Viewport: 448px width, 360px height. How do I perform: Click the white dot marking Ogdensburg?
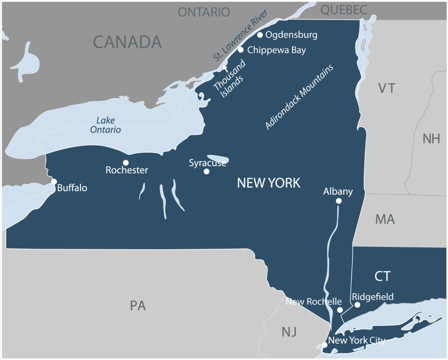(260, 35)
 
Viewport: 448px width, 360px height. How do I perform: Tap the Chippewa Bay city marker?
(241, 50)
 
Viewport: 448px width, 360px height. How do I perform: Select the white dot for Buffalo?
(54, 182)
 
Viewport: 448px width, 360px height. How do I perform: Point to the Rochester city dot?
(126, 163)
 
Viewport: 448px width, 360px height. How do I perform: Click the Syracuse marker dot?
(206, 172)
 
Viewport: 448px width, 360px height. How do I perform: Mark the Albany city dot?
(339, 201)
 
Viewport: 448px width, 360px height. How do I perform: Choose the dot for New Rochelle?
(340, 310)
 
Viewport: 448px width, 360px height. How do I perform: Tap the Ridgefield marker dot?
(357, 305)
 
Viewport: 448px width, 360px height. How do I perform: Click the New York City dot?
(324, 345)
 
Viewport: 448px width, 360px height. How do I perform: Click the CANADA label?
(127, 42)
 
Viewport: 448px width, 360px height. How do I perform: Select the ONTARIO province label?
(203, 12)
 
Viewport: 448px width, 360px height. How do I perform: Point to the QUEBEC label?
(344, 10)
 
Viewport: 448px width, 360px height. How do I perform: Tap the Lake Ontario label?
(108, 125)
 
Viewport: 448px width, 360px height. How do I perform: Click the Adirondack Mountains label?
(299, 97)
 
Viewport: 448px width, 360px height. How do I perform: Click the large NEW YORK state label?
(268, 183)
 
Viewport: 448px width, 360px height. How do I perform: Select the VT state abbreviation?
(386, 88)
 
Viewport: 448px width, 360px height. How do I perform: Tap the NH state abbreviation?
(431, 139)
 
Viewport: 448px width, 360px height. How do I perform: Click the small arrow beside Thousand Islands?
(225, 68)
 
